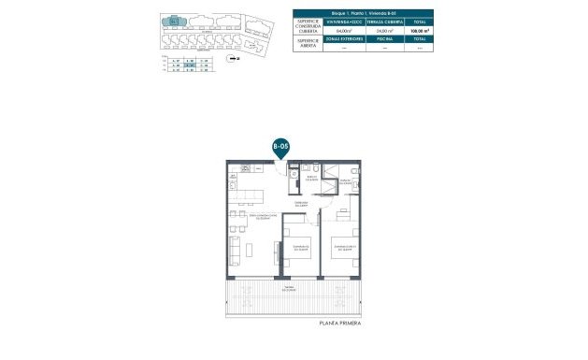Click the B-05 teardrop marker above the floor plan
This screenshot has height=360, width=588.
[280, 148]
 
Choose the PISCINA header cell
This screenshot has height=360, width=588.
[383, 40]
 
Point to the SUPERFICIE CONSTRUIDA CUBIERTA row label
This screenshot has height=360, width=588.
[308, 25]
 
